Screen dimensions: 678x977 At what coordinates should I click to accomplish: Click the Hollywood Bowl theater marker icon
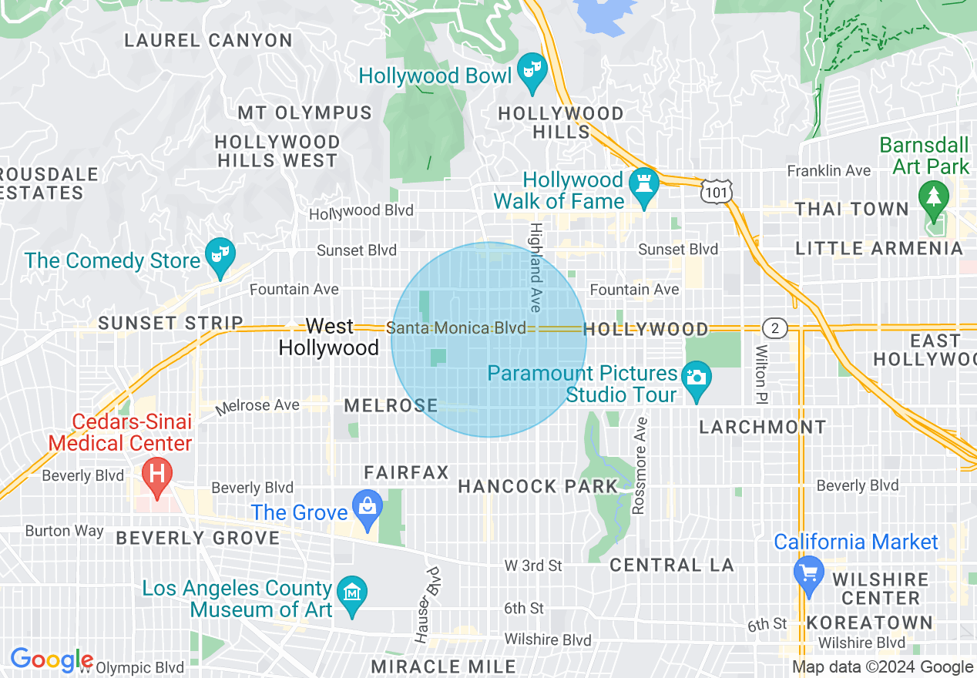tap(531, 70)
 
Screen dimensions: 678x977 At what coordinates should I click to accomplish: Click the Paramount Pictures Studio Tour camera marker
tap(697, 378)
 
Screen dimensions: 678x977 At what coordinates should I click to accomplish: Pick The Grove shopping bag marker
tap(368, 507)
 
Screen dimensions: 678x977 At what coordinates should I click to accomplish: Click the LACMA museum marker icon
tap(352, 593)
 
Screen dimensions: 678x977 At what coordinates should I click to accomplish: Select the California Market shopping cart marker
tap(808, 573)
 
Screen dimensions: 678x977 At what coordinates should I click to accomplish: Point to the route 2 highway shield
tap(775, 329)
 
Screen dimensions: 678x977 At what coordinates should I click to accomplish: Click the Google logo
tap(52, 660)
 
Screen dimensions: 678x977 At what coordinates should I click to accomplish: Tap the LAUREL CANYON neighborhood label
tap(208, 40)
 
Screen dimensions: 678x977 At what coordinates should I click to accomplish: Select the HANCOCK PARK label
tap(538, 486)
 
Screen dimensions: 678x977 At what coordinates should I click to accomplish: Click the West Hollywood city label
tap(329, 337)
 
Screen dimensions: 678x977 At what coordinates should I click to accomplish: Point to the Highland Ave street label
tap(536, 267)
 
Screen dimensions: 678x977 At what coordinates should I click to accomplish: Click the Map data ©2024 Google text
tap(882, 667)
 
